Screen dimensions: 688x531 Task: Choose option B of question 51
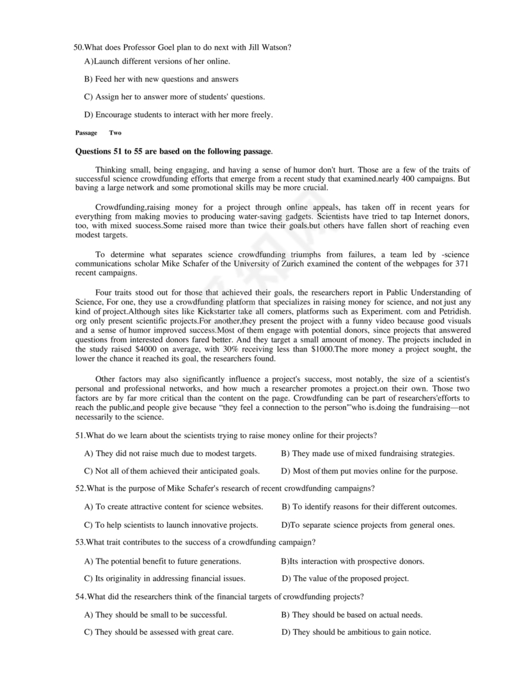pyautogui.click(x=368, y=454)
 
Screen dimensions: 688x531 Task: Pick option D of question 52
pyautogui.click(x=368, y=525)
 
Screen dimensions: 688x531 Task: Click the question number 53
pyautogui.click(x=81, y=543)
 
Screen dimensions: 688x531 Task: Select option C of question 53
pyautogui.click(x=173, y=578)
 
